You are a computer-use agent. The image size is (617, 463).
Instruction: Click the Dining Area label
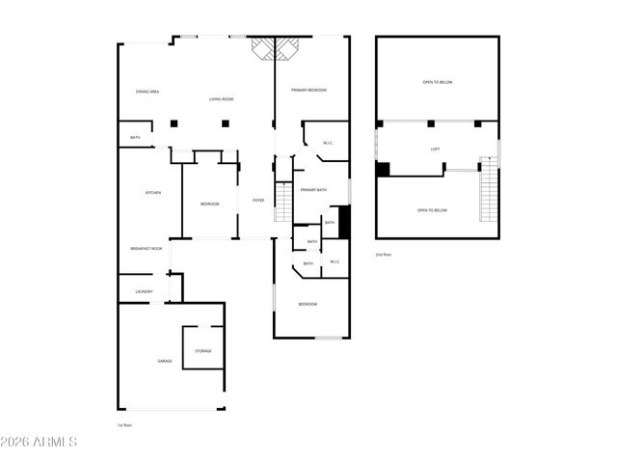148,92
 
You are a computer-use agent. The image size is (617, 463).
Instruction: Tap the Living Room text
222,99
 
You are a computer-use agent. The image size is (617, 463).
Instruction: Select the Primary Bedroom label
309,90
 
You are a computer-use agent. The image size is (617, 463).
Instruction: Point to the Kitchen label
152,193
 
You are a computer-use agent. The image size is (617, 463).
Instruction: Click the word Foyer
258,200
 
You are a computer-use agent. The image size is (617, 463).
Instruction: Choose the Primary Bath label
313,190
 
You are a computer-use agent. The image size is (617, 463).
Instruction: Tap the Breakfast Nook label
146,249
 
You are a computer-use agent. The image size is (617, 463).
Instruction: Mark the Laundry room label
144,291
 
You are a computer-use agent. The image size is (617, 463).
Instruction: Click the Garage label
165,361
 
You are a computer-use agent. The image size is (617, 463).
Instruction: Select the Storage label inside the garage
203,351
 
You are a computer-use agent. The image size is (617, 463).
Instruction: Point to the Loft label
435,150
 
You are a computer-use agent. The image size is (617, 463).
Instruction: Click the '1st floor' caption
122,424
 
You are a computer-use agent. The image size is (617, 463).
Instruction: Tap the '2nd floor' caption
384,255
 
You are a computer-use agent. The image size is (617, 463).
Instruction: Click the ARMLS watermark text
40,443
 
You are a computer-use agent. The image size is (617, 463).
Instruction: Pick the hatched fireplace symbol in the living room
275,49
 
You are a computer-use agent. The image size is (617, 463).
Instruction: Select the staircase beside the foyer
283,201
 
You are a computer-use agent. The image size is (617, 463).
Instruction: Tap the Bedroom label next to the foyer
209,204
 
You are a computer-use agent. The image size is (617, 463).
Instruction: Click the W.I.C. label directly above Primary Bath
328,144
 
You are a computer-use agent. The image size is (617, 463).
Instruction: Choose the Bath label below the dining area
135,138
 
